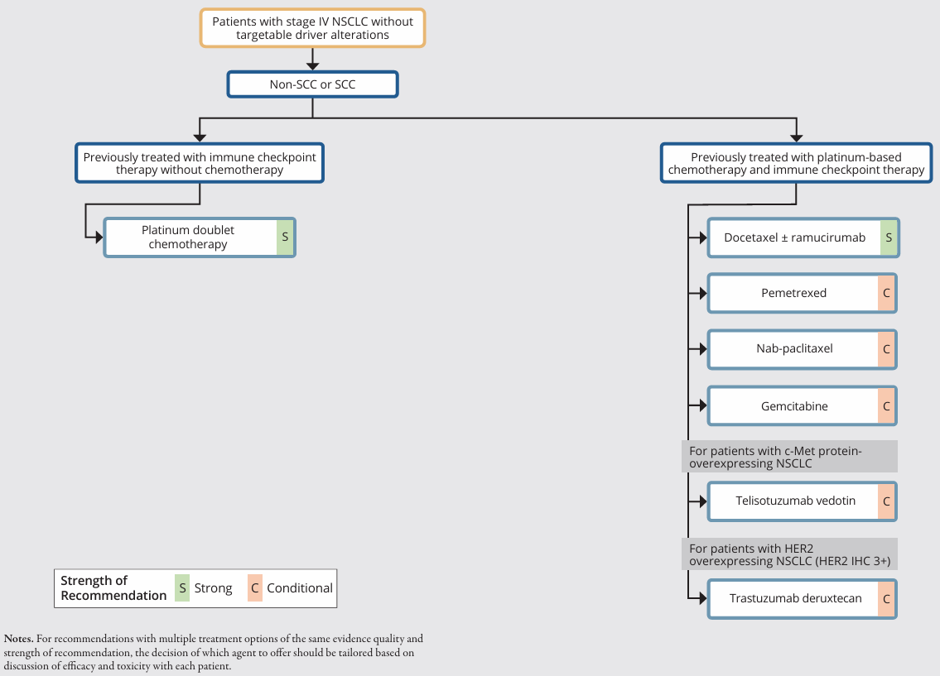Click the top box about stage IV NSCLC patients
(x=312, y=28)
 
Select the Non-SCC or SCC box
(x=312, y=84)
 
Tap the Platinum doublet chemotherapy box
(x=200, y=237)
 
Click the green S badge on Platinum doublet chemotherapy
(x=285, y=237)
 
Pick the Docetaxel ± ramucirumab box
(x=803, y=237)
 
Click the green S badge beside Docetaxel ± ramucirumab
(x=889, y=237)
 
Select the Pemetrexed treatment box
(x=803, y=294)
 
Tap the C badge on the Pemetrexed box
(x=886, y=294)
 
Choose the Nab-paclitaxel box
(x=803, y=349)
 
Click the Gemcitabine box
(x=803, y=406)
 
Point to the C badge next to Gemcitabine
(x=886, y=406)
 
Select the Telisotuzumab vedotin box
(x=803, y=501)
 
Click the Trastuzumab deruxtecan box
(x=803, y=599)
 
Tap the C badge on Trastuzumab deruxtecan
(x=886, y=599)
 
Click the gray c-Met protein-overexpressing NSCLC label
(x=789, y=457)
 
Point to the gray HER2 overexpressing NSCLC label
(x=789, y=554)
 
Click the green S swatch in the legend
(x=182, y=588)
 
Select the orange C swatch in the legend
(x=255, y=588)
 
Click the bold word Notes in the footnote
(x=18, y=639)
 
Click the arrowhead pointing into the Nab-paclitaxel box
(x=702, y=349)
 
